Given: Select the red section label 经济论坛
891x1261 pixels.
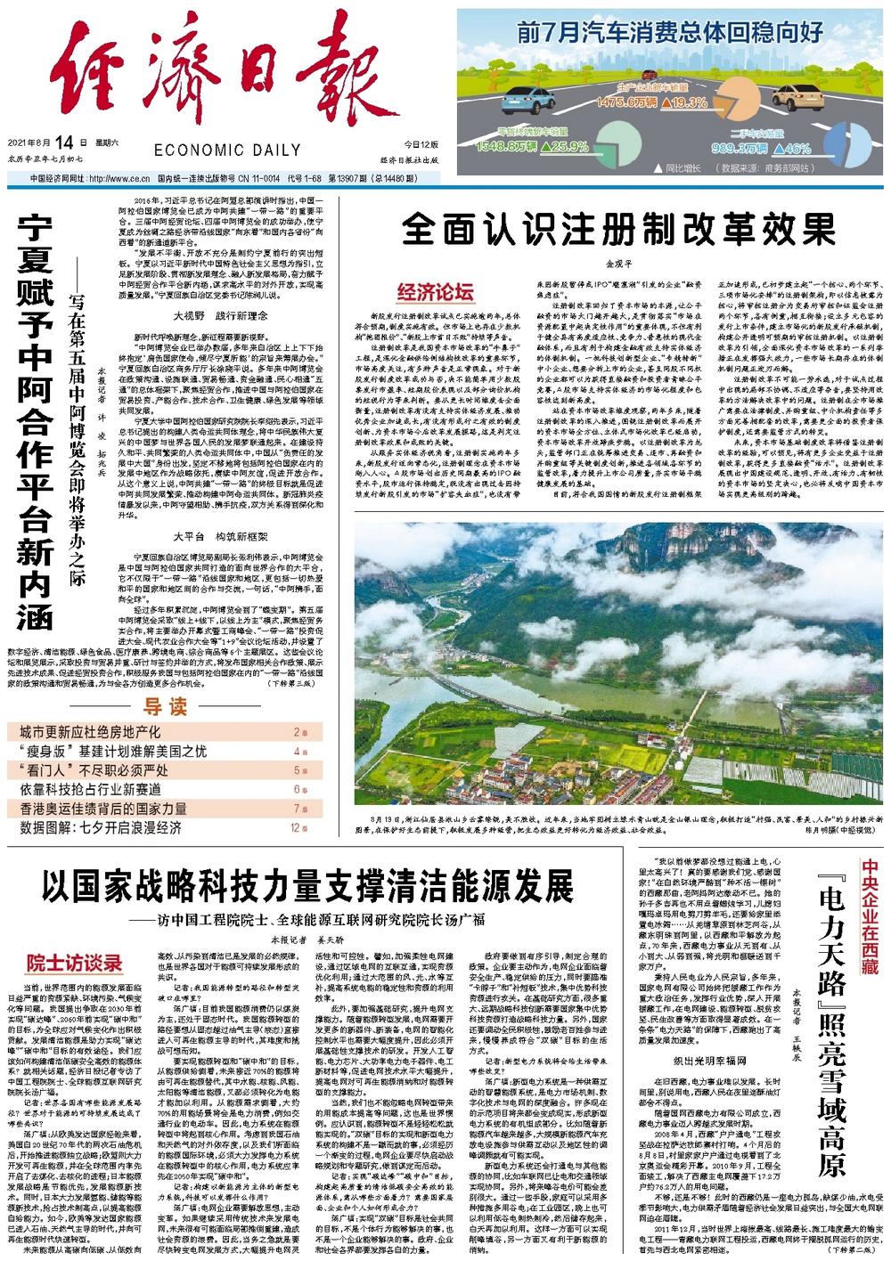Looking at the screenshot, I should (436, 291).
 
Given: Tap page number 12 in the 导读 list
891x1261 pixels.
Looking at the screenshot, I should (295, 827).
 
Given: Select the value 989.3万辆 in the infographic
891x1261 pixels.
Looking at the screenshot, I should (734, 149).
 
